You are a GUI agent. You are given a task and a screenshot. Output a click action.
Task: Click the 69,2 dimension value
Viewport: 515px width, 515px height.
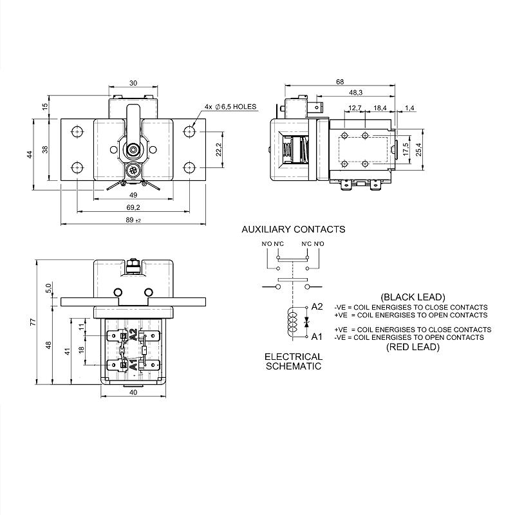coord(133,207)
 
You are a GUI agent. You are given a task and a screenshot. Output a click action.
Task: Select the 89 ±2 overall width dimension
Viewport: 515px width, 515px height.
coord(134,220)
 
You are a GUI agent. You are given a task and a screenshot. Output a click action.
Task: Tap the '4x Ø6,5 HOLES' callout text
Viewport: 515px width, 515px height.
coord(230,106)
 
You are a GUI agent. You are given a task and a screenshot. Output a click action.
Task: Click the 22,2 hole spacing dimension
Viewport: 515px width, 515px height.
coord(220,149)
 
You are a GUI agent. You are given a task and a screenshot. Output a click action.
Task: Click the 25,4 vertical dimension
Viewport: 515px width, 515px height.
coord(419,149)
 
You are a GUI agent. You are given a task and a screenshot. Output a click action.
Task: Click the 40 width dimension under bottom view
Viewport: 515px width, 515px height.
coord(133,392)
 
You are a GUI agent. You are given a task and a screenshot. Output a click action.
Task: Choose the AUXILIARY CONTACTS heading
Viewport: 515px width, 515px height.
coord(293,229)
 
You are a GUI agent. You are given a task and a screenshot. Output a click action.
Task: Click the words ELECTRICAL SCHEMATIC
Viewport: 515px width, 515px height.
coord(293,360)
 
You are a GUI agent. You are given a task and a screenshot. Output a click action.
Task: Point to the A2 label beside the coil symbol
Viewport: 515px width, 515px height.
coord(317,307)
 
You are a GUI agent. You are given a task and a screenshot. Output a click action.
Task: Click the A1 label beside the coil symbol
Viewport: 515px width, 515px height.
coord(317,336)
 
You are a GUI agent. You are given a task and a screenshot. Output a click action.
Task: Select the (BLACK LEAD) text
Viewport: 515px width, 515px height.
coord(413,297)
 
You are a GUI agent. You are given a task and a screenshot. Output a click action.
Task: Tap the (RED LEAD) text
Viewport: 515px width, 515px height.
coord(413,347)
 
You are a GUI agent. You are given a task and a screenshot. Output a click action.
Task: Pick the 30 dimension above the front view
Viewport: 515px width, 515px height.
coord(133,83)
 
